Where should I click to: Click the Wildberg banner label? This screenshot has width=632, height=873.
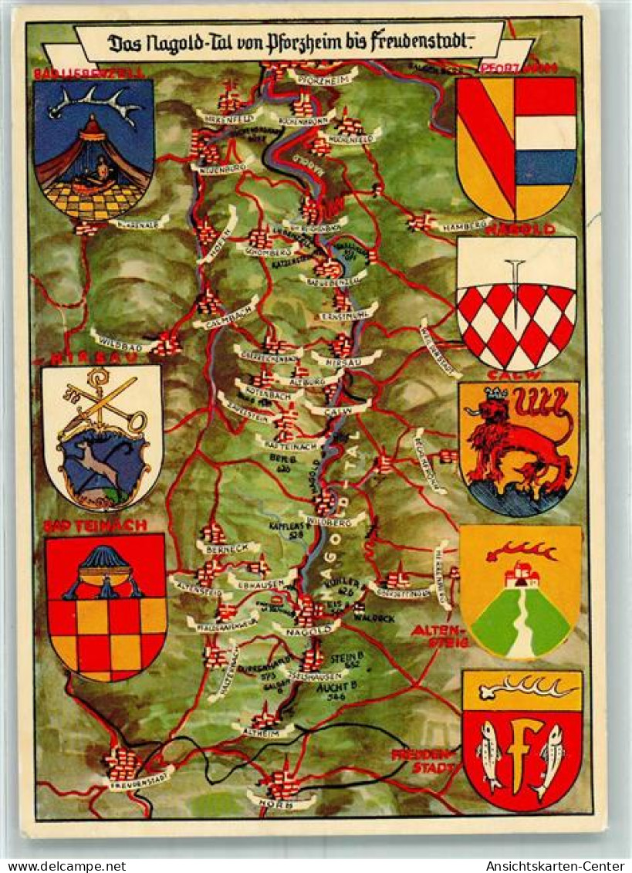(333, 520)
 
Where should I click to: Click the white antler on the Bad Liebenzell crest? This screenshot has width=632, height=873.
(96, 103)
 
